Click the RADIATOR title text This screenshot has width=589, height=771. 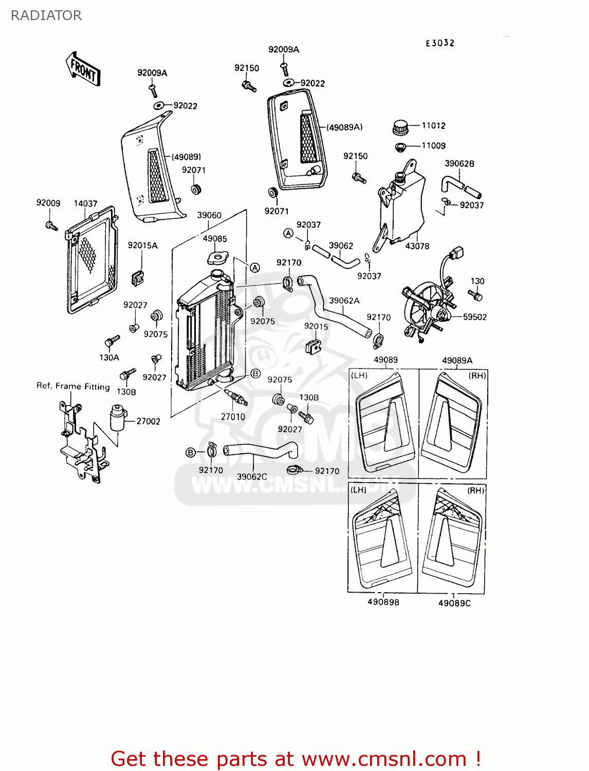46,15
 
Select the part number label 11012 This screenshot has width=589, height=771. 433,125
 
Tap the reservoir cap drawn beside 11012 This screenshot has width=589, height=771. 400,126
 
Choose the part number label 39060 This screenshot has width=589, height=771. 209,215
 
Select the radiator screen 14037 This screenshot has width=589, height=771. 91,260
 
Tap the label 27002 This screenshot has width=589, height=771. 148,421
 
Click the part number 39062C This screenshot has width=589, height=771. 252,476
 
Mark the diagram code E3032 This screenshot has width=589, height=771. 440,43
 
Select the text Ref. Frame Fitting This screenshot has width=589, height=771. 73,386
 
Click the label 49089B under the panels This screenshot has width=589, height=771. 383,602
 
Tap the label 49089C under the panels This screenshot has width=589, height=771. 454,603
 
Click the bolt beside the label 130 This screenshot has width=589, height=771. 475,295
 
